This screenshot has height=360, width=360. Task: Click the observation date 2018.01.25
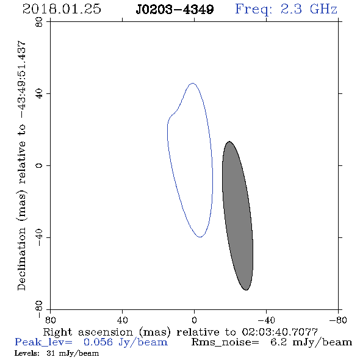pyautogui.click(x=62, y=9)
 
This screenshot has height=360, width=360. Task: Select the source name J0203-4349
pyautogui.click(x=175, y=10)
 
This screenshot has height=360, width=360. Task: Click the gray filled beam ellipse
pyautogui.click(x=237, y=215)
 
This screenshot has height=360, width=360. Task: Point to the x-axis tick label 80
pyautogui.click(x=50, y=320)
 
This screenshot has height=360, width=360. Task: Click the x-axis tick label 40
pyautogui.click(x=122, y=320)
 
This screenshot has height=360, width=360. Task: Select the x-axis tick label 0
pyautogui.click(x=194, y=320)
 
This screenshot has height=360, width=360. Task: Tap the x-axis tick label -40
pyautogui.click(x=266, y=320)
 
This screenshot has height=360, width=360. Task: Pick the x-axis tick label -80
pyautogui.click(x=338, y=320)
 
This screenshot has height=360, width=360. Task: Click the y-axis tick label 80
pyautogui.click(x=39, y=22)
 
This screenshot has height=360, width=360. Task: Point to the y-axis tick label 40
pyautogui.click(x=39, y=94)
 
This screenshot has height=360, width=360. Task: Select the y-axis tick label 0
pyautogui.click(x=39, y=165)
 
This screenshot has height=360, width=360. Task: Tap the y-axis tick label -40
pyautogui.click(x=39, y=237)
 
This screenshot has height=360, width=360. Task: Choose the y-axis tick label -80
pyautogui.click(x=39, y=309)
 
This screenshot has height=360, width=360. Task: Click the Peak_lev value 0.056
pyautogui.click(x=98, y=342)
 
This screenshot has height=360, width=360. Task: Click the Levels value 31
pyautogui.click(x=50, y=353)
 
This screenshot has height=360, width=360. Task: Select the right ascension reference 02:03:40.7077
pyautogui.click(x=279, y=332)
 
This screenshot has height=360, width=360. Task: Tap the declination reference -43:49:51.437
pyautogui.click(x=21, y=79)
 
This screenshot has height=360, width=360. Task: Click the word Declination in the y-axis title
pyautogui.click(x=21, y=259)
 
